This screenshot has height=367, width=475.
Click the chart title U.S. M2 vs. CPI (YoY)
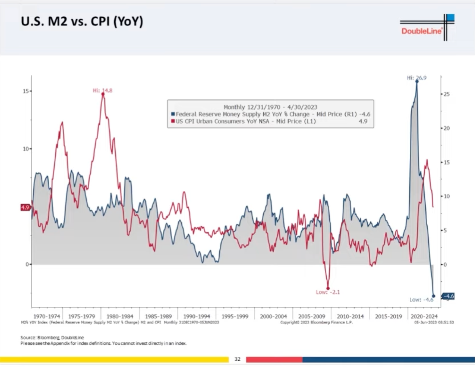click(x=82, y=21)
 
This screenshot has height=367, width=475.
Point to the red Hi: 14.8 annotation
click(x=102, y=91)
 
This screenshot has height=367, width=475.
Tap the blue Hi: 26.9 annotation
click(x=417, y=78)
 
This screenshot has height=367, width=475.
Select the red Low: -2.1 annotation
click(x=327, y=292)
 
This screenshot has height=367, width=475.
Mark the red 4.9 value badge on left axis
click(x=25, y=207)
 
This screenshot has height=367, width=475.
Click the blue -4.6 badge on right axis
click(x=448, y=296)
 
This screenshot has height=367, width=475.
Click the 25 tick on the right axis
click(x=447, y=94)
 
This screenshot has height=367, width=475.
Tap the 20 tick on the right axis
click(x=447, y=128)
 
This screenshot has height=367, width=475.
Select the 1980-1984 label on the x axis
click(x=120, y=316)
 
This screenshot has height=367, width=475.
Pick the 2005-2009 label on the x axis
click(x=311, y=316)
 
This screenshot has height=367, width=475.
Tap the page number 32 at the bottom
click(x=237, y=359)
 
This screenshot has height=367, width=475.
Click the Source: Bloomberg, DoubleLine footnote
click(x=52, y=337)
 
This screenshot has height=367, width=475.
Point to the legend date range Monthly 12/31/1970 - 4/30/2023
click(x=270, y=107)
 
